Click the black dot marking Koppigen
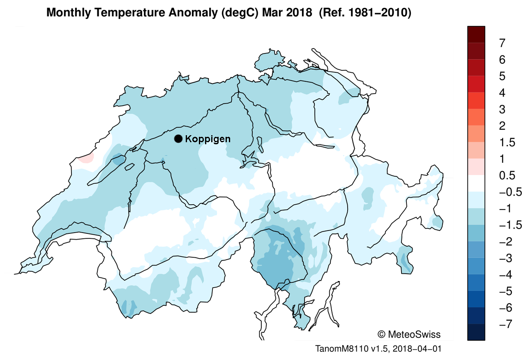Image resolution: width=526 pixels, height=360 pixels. pos(178,139)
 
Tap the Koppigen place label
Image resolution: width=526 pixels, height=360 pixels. pos(208,139)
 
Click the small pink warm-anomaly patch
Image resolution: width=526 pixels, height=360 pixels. pos(87,158)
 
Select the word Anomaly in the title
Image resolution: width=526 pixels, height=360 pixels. pos(187,13)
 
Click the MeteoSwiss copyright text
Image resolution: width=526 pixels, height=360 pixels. pos(408,334)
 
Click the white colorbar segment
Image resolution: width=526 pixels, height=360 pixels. pos(476,184)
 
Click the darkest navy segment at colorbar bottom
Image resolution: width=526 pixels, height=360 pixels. pos(476,332)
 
